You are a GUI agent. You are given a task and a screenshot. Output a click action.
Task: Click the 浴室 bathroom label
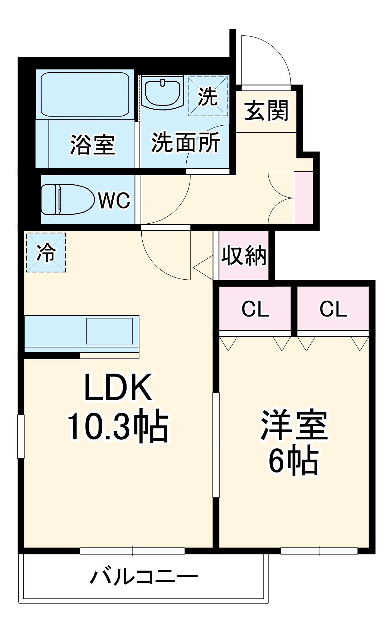pos(93,145)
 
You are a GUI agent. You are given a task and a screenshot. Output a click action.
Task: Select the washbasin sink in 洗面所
pos(162,93)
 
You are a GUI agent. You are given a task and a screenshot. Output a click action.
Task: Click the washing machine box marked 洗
pos(208,96)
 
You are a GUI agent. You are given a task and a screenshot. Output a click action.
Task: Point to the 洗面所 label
pos(186,143)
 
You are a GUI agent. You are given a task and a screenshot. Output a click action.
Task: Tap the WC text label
pos(114,200)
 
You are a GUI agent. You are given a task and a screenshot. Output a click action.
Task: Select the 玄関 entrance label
pos(266,111)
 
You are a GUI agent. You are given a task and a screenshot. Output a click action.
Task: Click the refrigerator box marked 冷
pos(46,252)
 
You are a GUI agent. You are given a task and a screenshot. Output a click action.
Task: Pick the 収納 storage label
pos(244,255)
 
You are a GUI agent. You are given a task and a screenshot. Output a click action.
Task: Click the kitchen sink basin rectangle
pos(109,331)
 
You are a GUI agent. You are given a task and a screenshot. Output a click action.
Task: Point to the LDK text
pos(118,388)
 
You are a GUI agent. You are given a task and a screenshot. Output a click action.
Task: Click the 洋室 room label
pos(294,425)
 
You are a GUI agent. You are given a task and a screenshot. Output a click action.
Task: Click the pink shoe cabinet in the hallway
pos(303,198)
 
